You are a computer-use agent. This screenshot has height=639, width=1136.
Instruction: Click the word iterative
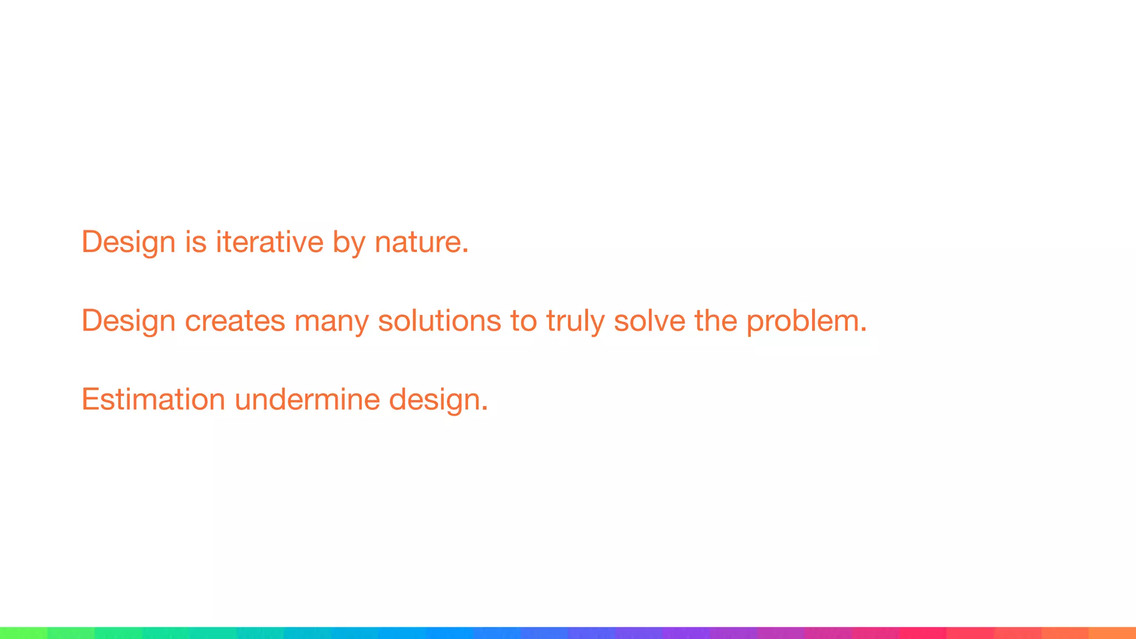click(x=270, y=242)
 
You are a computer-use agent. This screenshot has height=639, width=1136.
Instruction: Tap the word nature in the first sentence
click(x=417, y=242)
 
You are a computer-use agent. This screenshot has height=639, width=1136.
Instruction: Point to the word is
click(x=195, y=242)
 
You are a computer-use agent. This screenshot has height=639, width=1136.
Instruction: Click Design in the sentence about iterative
click(x=128, y=242)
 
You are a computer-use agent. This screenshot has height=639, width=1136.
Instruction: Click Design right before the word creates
click(x=128, y=321)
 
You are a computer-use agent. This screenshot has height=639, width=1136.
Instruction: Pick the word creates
click(x=235, y=321)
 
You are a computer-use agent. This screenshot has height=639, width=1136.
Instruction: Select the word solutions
click(x=439, y=321)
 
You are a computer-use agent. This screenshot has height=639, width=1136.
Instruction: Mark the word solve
click(x=650, y=321)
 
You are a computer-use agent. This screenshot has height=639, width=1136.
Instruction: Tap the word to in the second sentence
click(x=524, y=321)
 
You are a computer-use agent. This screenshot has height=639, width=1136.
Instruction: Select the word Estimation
click(x=153, y=399)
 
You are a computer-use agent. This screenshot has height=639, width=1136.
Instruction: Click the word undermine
click(x=307, y=399)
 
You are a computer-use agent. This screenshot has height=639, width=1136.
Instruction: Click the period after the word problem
click(x=863, y=330)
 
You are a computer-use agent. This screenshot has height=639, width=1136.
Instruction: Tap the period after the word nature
click(x=465, y=251)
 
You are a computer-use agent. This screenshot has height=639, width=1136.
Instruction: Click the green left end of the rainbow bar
click(x=17, y=633)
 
